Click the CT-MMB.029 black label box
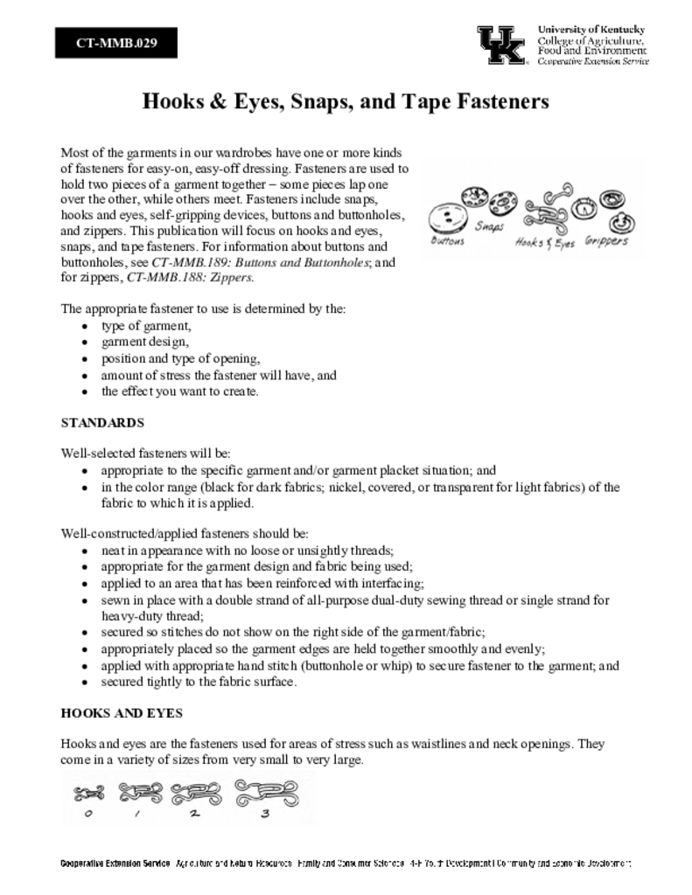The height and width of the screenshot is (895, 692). coord(116,43)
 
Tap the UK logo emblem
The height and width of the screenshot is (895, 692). coord(501,45)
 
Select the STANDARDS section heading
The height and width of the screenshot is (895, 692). coord(102,422)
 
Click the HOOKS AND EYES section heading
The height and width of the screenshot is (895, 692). coord(122,713)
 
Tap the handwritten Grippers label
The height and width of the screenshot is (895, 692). coord(606,239)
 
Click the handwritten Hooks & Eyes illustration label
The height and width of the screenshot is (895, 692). coord(545,243)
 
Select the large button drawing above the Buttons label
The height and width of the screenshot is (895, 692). coord(449,215)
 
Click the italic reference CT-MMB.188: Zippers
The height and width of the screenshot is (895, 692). coord(191,277)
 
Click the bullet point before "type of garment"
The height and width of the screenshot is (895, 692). coord(83,326)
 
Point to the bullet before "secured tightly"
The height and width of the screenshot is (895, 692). coord(83,682)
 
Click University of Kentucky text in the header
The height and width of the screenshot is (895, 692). coord(591,30)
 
